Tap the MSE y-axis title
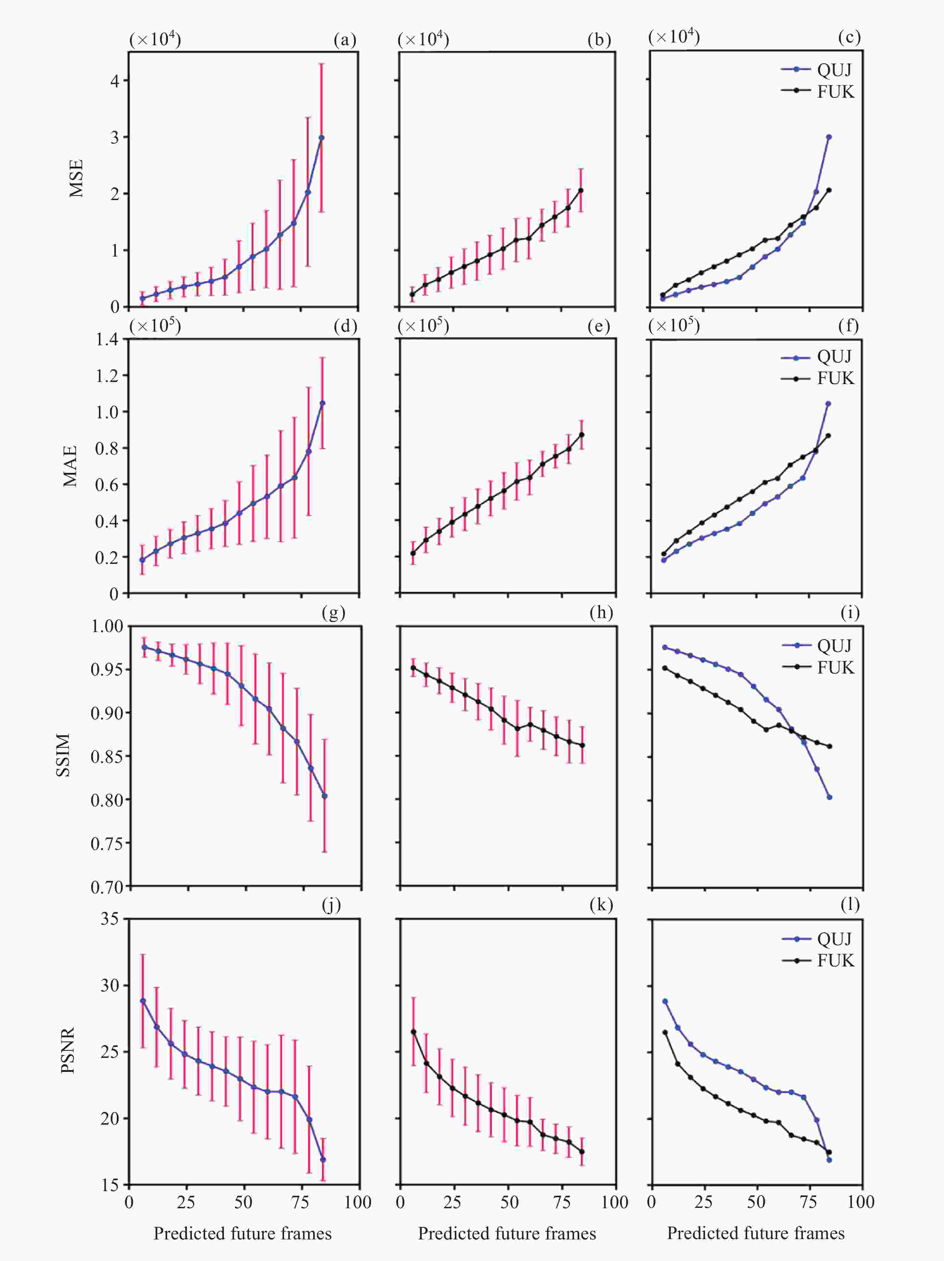76,178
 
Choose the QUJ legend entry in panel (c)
818,70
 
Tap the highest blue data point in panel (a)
322,137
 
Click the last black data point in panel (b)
581,190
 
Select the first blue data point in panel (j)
142,1001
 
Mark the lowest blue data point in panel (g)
325,796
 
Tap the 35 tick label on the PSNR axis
110,919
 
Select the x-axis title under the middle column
507,1233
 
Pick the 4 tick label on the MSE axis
115,81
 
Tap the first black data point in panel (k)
413,1032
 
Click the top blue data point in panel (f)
828,404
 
